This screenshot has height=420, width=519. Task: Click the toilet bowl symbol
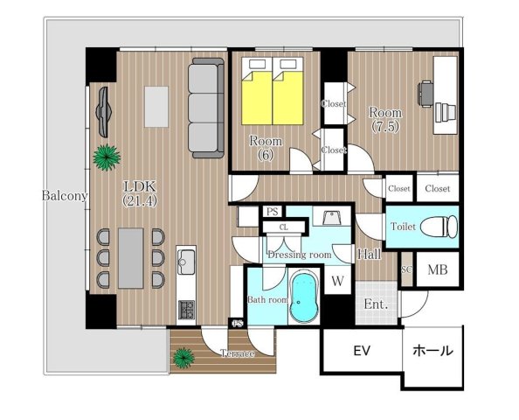click(x=439, y=227)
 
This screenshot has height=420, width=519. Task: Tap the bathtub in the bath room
click(x=304, y=297)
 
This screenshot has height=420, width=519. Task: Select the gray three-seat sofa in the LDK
click(x=206, y=108)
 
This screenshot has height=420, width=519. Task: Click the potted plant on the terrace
click(x=183, y=358)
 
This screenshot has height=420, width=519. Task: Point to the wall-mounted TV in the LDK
click(x=104, y=112)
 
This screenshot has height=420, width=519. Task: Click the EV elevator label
click(x=362, y=350)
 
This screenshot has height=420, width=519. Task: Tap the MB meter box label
click(x=438, y=269)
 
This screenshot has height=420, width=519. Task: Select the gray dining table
click(x=131, y=258)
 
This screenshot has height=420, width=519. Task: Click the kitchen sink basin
click(x=186, y=262)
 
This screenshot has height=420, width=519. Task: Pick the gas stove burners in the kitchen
click(x=186, y=310)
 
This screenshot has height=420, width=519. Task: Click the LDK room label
click(x=140, y=186)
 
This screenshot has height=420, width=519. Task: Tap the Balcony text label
click(x=65, y=196)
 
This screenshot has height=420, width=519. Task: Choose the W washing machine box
click(x=337, y=280)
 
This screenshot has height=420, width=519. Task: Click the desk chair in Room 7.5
click(x=426, y=94)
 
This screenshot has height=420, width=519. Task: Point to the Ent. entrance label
click(x=376, y=304)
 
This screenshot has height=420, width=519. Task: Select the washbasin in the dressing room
click(x=332, y=218)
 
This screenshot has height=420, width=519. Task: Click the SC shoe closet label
click(x=407, y=269)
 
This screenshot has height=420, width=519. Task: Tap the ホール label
click(x=433, y=350)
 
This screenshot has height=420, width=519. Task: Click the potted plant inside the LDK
click(x=107, y=157)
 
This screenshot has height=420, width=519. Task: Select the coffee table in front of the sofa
click(x=156, y=107)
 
